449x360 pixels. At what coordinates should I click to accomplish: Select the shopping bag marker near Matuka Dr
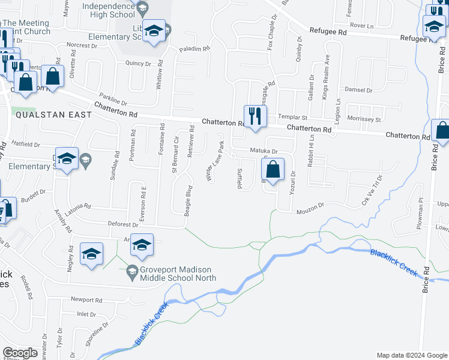click(x=273, y=170)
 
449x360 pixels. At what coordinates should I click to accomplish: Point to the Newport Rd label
click(x=86, y=300)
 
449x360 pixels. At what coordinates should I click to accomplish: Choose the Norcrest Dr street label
click(x=81, y=45)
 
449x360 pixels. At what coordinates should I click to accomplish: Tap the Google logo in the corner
click(x=20, y=353)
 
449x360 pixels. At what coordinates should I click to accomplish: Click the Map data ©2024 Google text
click(x=411, y=355)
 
